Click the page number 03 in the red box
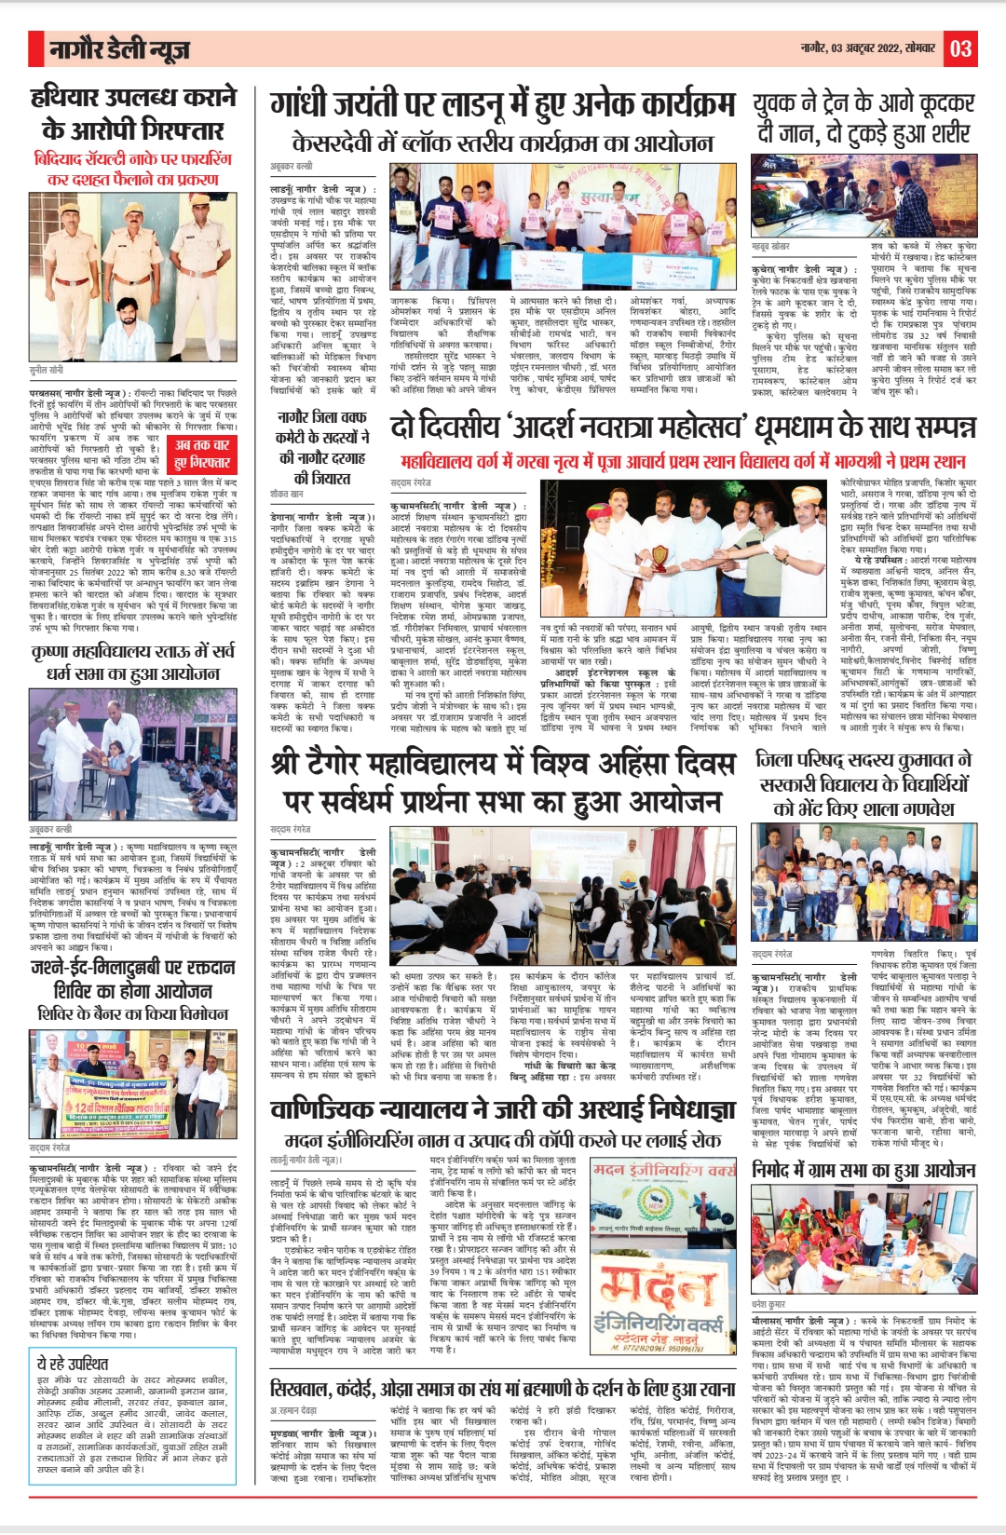(961, 48)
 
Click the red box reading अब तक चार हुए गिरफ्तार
(202, 454)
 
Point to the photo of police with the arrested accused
(132, 274)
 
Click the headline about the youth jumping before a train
(863, 117)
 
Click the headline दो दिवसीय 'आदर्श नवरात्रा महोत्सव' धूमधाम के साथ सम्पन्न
(683, 427)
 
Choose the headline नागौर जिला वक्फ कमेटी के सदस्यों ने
(321, 447)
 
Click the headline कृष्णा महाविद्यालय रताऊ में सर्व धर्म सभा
(132, 660)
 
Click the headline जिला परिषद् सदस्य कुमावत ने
(863, 783)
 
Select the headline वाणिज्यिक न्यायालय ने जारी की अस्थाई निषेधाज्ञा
(502, 1109)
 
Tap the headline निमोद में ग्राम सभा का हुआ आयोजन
(863, 1170)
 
